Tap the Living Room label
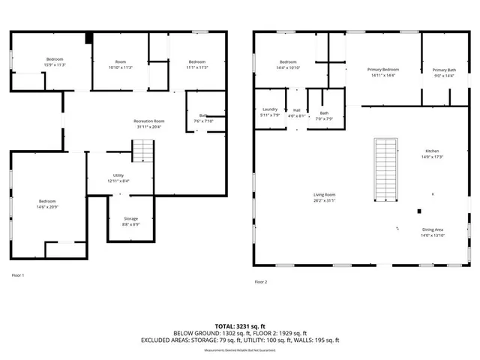[x=324, y=197]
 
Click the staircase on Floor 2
[x=385, y=169]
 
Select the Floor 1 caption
[x=18, y=275]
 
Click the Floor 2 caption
[x=260, y=281]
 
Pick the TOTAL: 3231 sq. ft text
[x=239, y=327]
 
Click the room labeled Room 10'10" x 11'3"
[x=120, y=64]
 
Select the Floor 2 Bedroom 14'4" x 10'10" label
[x=289, y=65]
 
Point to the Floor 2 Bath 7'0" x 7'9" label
[x=324, y=115]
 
